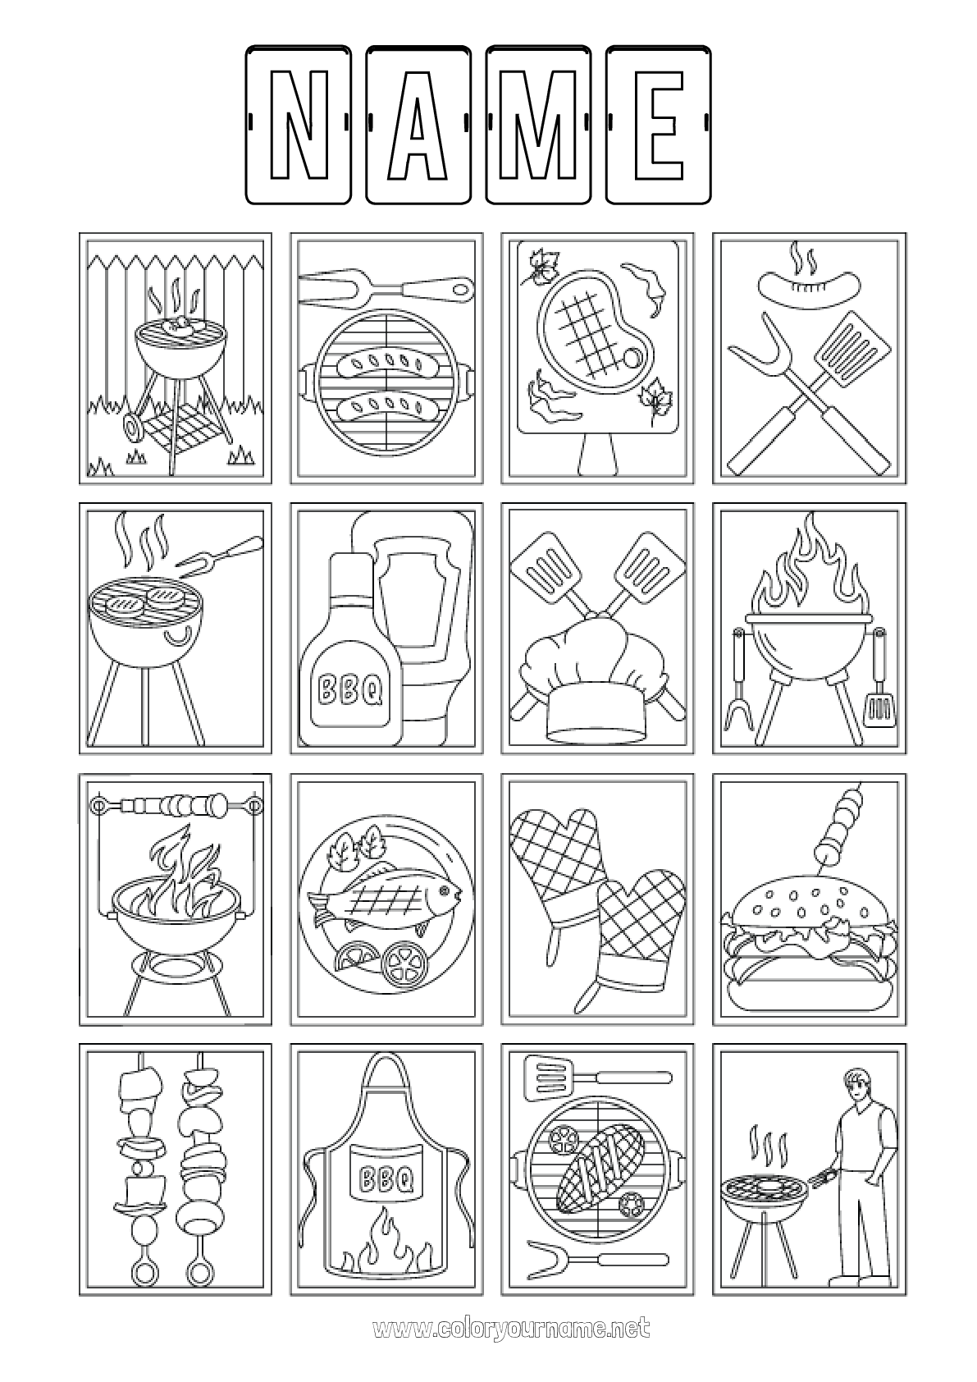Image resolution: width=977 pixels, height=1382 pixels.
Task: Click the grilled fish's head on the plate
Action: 440,892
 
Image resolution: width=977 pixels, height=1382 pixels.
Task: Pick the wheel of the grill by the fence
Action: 131,426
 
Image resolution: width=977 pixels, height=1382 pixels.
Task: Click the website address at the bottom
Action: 510,1328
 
